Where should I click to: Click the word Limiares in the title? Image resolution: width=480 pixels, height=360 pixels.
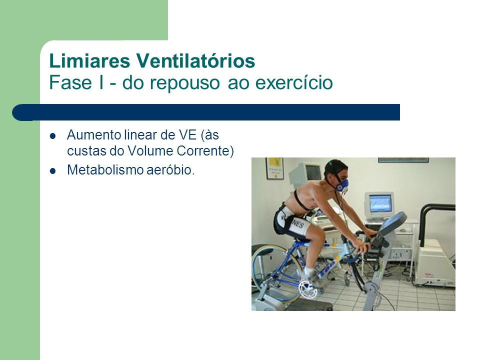click(89, 60)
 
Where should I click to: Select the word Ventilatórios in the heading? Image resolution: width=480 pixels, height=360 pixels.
click(195, 60)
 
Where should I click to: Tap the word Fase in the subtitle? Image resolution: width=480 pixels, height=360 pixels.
click(70, 82)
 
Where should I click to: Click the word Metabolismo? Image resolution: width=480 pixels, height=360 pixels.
click(105, 170)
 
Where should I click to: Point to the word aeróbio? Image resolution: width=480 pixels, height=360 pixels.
click(170, 170)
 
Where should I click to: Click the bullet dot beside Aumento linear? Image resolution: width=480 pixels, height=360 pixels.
click(52, 136)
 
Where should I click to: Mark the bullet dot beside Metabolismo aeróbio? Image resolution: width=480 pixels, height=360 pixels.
click(52, 171)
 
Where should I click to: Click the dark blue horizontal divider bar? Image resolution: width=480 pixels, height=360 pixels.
click(206, 112)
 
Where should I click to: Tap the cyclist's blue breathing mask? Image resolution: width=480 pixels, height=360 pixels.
click(342, 185)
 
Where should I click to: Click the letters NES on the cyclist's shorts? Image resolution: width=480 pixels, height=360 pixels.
click(297, 225)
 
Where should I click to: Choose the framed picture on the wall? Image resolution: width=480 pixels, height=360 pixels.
click(274, 168)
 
